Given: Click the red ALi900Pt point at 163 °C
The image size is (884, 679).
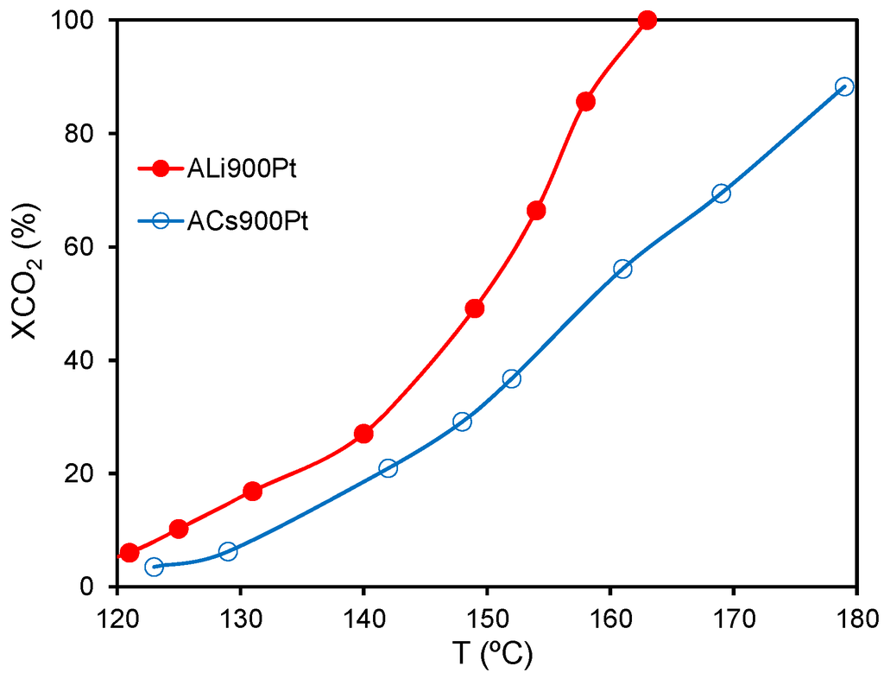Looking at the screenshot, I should click(x=647, y=20).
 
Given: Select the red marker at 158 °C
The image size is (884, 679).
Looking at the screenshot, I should click(x=585, y=101).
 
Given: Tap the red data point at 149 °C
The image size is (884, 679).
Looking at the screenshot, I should click(x=474, y=308).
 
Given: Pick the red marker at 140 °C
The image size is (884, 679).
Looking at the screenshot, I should click(x=363, y=434).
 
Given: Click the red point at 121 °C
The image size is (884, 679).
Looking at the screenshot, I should click(x=129, y=553).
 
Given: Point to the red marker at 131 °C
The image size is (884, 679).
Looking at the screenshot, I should click(x=253, y=492).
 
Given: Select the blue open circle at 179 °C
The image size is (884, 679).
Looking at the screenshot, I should click(x=844, y=86).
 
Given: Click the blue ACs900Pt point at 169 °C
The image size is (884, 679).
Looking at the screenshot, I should click(x=721, y=194).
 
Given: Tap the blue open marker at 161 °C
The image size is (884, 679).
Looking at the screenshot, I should click(x=622, y=269).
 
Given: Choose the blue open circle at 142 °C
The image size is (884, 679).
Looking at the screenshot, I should click(x=388, y=468).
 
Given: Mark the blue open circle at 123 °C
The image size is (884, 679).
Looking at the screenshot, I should click(x=154, y=567).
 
